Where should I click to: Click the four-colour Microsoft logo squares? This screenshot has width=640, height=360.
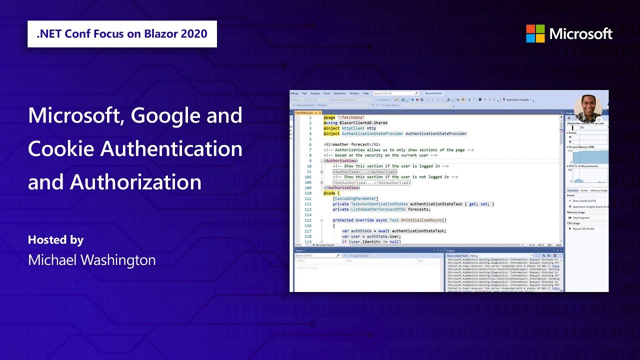click(535, 33)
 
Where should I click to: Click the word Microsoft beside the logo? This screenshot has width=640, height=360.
click(580, 34)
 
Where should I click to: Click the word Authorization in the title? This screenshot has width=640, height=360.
click(135, 182)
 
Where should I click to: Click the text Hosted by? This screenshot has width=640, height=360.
click(55, 240)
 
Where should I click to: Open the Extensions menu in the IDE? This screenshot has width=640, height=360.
click(339, 93)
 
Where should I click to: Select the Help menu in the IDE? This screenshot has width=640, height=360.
click(366, 93)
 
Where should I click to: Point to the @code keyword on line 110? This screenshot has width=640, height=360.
click(330, 193)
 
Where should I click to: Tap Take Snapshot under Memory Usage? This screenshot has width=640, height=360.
click(581, 218)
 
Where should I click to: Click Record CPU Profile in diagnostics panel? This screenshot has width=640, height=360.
click(583, 228)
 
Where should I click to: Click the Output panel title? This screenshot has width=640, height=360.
click(450, 250)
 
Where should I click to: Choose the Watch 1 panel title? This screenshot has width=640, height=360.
click(300, 250)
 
